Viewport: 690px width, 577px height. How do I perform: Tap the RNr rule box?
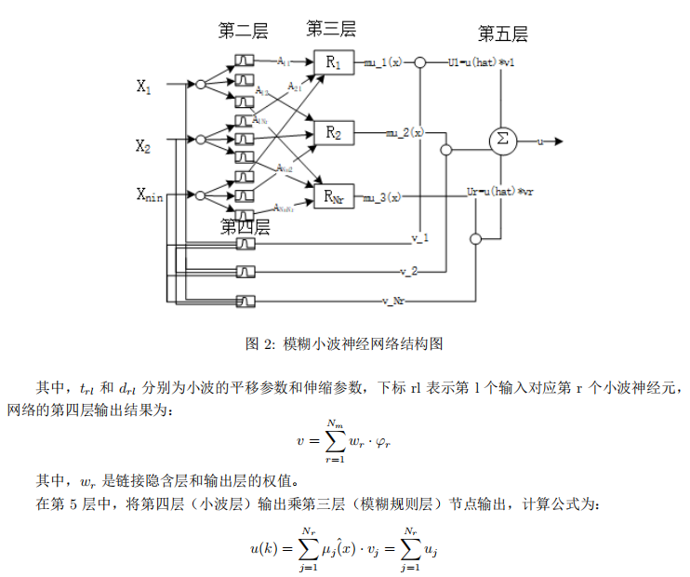tap(334, 196)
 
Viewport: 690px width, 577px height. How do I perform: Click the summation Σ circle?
tap(502, 141)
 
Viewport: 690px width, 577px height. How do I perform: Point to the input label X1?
tap(144, 87)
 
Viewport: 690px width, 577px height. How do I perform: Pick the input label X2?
tap(144, 145)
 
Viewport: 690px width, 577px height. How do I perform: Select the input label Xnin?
tap(150, 195)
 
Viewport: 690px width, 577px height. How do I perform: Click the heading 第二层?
tap(243, 32)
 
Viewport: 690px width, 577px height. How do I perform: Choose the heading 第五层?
tap(502, 34)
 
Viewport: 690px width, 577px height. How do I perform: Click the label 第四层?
tap(245, 226)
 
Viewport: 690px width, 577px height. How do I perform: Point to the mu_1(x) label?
tap(383, 62)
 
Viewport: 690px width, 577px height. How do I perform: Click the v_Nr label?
tap(397, 301)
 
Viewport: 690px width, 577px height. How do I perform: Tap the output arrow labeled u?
tap(549, 141)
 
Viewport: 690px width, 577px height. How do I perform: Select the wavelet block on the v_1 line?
tap(245, 244)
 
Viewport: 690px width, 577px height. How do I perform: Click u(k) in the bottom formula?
tap(264, 549)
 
